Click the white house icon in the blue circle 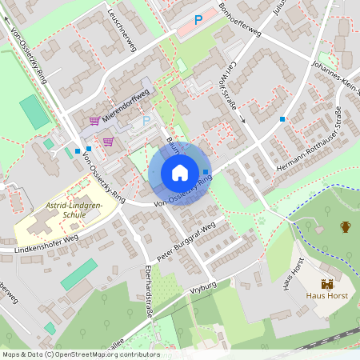tap(180, 172)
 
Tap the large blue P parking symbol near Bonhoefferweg tap(198, 19)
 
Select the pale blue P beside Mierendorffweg tap(146, 120)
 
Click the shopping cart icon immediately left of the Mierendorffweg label tap(94, 121)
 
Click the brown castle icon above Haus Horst tap(326, 284)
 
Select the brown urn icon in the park tap(345, 227)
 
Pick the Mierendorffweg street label tap(125, 103)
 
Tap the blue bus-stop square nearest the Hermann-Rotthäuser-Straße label tap(282, 119)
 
